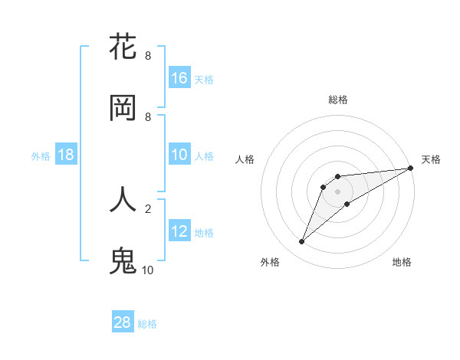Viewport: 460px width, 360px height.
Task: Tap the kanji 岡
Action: point(123,108)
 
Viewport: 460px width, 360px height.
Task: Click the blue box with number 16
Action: point(179,78)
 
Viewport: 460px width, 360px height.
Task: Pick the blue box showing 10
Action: point(179,155)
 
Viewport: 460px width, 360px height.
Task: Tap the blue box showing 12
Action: point(179,231)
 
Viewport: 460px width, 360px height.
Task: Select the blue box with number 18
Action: point(66,155)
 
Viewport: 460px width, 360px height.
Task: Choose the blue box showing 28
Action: point(123,322)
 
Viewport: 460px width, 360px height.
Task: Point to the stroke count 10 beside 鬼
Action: point(148,270)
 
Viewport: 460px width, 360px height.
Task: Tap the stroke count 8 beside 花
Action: point(148,56)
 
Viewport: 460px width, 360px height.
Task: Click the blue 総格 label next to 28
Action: point(147,324)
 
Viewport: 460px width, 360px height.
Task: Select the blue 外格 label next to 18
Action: point(41,155)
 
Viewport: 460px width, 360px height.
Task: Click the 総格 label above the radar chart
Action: point(338,100)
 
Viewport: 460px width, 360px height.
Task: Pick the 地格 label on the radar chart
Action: point(402,262)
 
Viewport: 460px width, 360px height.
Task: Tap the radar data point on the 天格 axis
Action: point(410,169)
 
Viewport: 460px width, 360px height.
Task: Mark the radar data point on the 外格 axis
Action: point(301,242)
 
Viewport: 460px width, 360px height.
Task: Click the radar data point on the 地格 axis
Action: point(347,204)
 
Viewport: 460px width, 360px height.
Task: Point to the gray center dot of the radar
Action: point(337,191)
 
